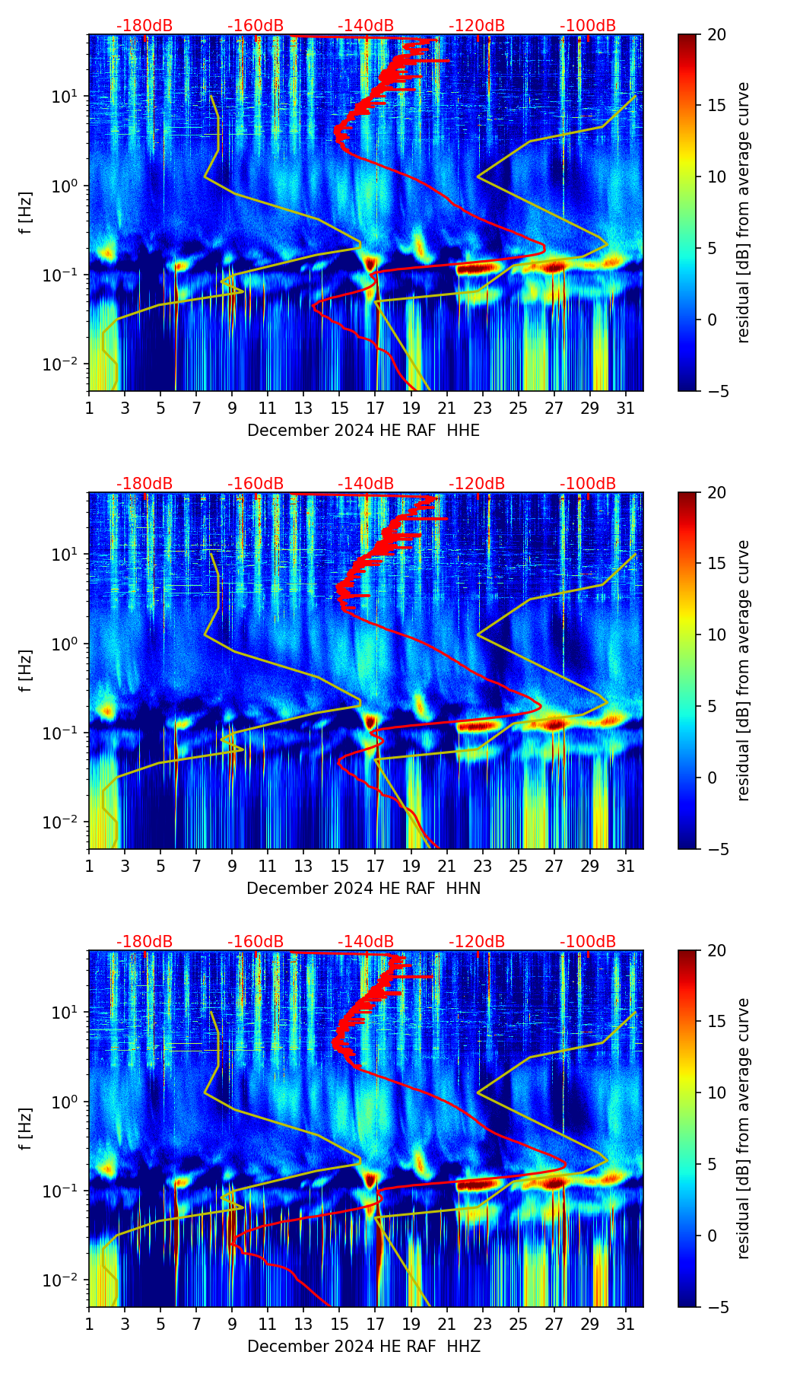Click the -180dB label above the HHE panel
(x=144, y=26)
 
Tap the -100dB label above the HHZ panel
(x=588, y=942)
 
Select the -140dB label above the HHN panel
(x=366, y=484)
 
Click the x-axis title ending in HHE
(x=363, y=431)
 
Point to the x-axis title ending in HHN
(x=363, y=889)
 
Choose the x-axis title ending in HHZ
(x=363, y=1347)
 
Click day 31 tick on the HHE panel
(x=625, y=409)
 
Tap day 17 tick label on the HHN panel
(x=375, y=867)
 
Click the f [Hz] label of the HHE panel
(x=27, y=212)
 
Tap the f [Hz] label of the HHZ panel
(x=27, y=1128)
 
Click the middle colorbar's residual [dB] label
(x=744, y=670)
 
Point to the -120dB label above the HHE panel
(x=477, y=26)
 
